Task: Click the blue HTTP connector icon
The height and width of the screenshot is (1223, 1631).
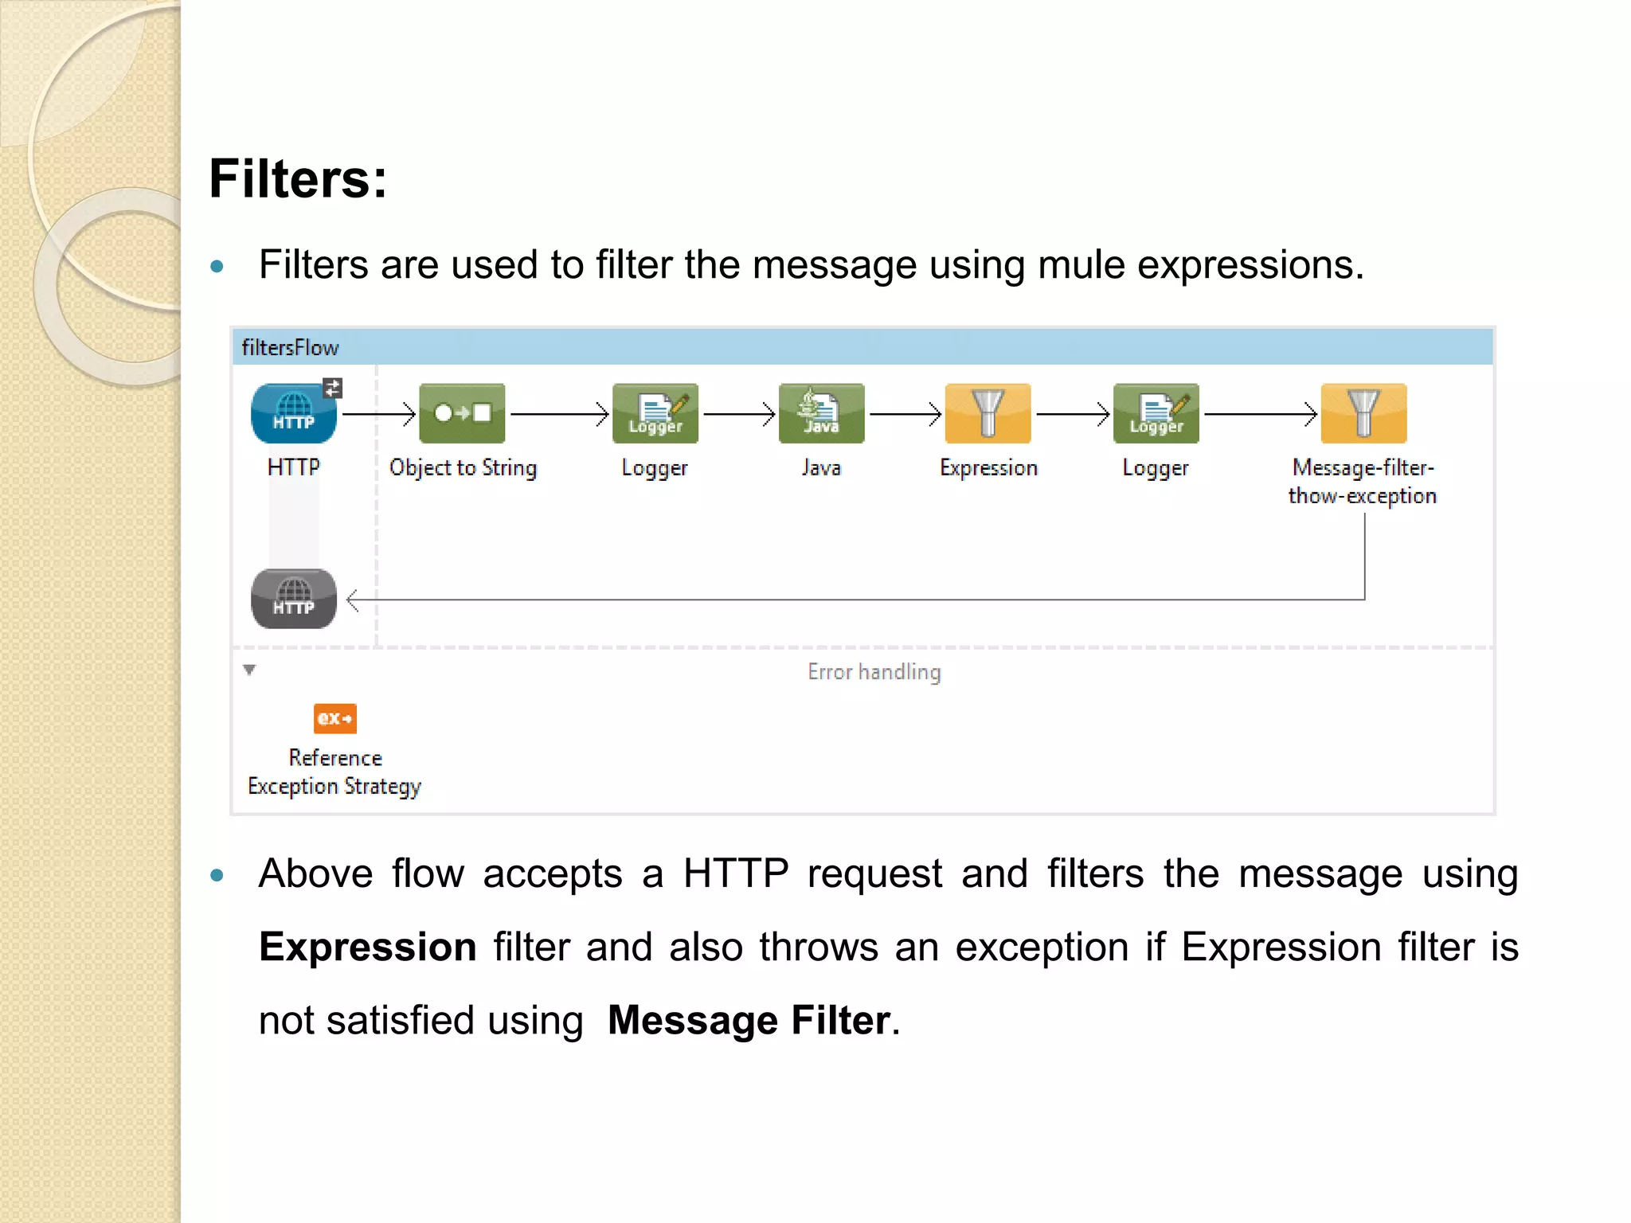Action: point(293,413)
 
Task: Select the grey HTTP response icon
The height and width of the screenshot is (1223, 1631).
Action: point(293,599)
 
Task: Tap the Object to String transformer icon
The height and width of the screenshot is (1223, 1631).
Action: point(462,413)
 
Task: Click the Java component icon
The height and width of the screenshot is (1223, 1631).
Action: point(821,413)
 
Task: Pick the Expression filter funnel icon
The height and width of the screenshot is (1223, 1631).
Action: point(988,413)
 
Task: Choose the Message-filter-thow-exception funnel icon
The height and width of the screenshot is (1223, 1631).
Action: point(1363,413)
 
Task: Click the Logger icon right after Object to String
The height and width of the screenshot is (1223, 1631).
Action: point(655,413)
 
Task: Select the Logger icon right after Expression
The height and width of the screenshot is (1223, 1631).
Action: point(1156,413)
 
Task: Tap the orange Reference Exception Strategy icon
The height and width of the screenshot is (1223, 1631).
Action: point(335,718)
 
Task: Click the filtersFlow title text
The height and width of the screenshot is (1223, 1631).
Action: point(290,348)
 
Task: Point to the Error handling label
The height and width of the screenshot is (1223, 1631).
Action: point(874,672)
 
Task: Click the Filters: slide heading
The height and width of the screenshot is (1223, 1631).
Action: point(298,178)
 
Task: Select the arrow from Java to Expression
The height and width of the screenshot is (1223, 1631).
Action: point(905,414)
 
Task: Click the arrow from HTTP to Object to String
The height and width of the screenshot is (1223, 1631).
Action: point(379,414)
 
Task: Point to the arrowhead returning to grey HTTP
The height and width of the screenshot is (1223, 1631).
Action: point(354,600)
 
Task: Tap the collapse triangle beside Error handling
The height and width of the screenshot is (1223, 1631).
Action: point(250,670)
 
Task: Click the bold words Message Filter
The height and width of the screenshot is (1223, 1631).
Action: point(749,1020)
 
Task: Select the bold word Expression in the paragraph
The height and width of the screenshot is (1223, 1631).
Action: point(368,947)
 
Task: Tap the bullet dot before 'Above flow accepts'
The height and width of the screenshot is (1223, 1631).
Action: point(217,876)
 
